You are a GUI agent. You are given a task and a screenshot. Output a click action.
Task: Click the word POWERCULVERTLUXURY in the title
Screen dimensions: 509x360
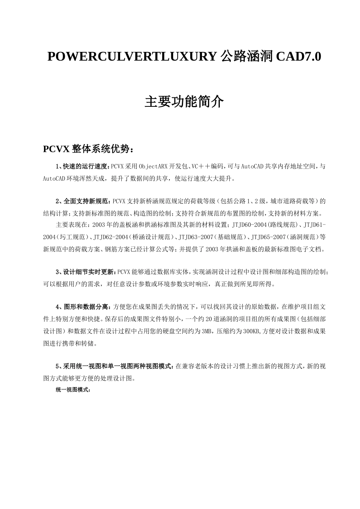tap(132, 57)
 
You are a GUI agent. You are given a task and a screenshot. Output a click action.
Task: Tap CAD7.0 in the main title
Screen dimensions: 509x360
tap(298, 57)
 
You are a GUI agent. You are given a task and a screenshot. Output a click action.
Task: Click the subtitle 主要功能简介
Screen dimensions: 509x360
tap(184, 101)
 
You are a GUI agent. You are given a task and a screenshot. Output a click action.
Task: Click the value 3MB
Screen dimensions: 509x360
tap(207, 331)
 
